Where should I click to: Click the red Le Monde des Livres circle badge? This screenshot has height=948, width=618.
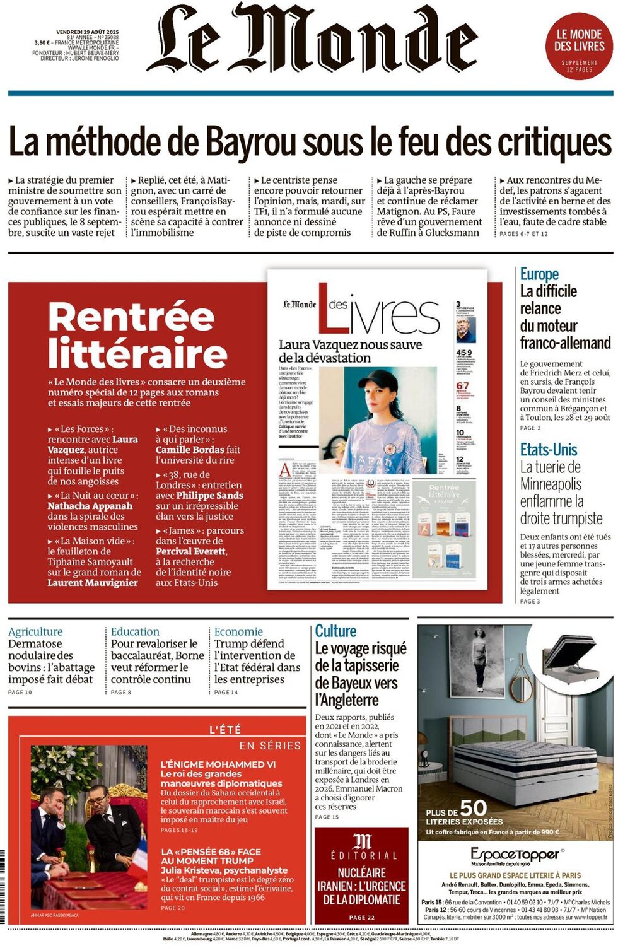(x=579, y=46)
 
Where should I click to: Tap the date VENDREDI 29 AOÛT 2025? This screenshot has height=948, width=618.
(x=87, y=32)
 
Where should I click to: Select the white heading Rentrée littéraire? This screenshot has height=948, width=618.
(x=137, y=334)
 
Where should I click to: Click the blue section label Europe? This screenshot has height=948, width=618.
(x=539, y=274)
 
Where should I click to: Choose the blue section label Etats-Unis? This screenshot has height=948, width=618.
(x=549, y=450)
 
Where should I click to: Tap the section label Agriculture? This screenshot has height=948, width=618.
(x=35, y=631)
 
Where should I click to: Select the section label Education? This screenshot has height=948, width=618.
(x=135, y=631)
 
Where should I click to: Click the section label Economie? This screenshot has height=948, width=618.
(x=238, y=631)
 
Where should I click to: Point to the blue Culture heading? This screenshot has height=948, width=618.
(x=335, y=631)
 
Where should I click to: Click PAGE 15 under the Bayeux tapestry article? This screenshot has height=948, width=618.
(x=327, y=817)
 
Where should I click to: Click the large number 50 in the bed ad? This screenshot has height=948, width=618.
(x=474, y=808)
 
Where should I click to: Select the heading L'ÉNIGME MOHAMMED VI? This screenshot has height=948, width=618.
(x=218, y=764)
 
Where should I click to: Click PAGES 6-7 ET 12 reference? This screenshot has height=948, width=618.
(x=523, y=234)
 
